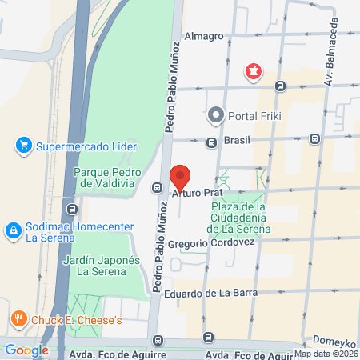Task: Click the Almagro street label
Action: (204, 36)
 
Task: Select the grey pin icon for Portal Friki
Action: (215, 115)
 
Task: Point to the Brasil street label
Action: (237, 140)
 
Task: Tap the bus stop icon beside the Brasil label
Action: (211, 143)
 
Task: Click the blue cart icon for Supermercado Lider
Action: (23, 146)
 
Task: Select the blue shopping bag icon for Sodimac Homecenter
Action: (13, 231)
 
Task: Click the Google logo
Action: (26, 350)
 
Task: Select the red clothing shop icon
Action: (254, 72)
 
